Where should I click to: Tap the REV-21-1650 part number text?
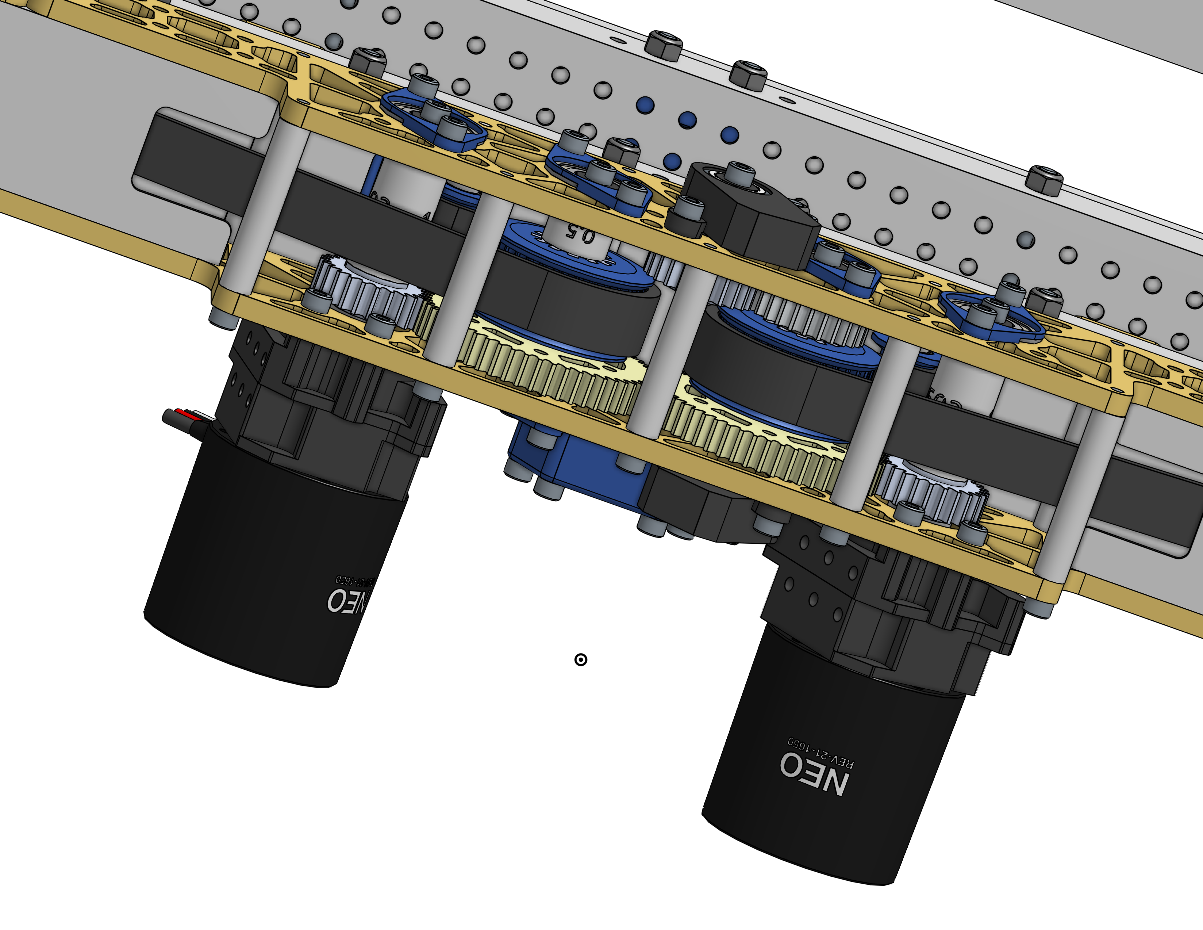pyautogui.click(x=821, y=752)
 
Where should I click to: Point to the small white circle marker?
pyautogui.click(x=581, y=659)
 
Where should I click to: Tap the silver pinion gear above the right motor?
pyautogui.click(x=931, y=490)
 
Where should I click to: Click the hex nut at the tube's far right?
pyautogui.click(x=1044, y=182)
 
